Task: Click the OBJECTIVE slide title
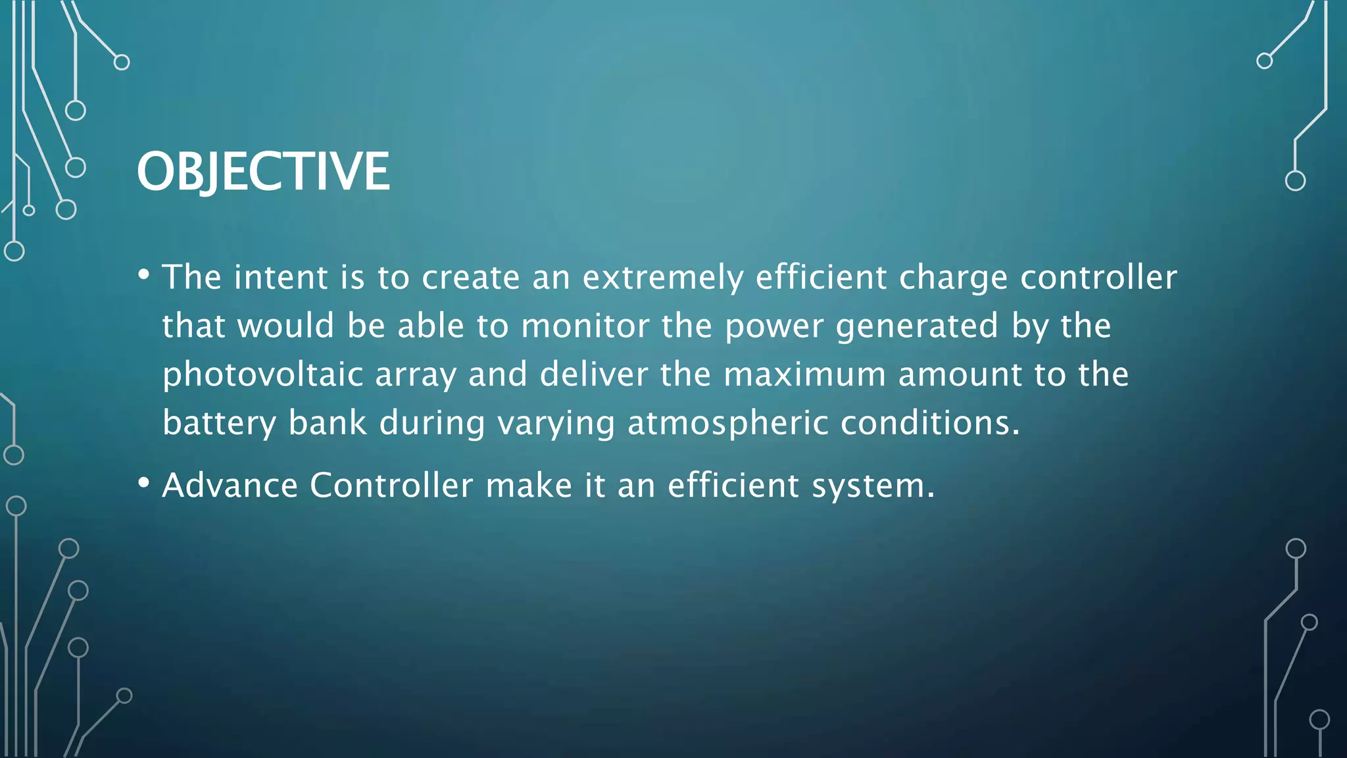pos(263,171)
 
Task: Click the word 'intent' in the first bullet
pos(281,277)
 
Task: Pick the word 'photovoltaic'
pos(263,375)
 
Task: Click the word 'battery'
pos(219,423)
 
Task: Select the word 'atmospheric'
pos(727,423)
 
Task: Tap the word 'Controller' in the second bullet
pos(391,486)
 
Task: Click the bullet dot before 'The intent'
pos(144,274)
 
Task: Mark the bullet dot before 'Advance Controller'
pos(144,483)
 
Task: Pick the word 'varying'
pos(556,424)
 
